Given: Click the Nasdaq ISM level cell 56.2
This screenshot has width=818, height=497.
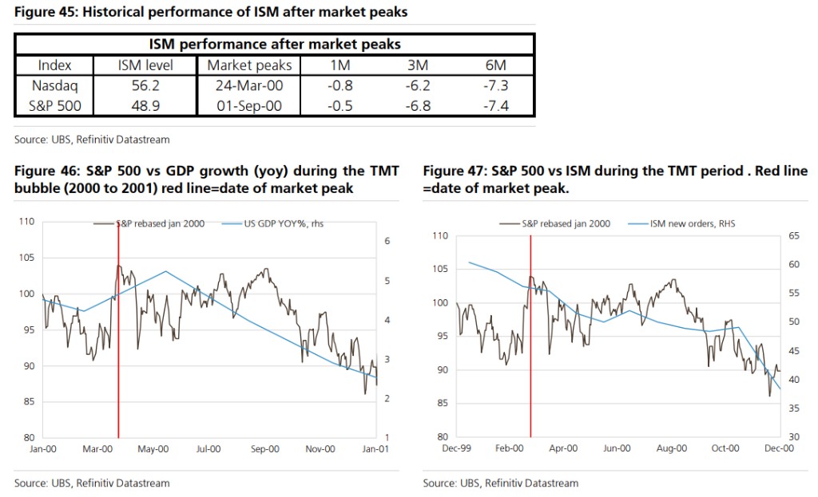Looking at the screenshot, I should (x=145, y=85).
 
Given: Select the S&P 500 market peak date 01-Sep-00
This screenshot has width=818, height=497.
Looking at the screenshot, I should (x=250, y=105).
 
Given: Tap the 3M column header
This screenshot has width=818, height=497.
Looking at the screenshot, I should (x=419, y=65).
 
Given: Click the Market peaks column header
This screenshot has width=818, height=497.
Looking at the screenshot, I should (x=250, y=65).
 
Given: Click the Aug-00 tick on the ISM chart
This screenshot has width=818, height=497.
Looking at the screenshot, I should (x=672, y=448).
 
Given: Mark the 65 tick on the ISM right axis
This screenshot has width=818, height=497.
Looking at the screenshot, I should (x=795, y=236).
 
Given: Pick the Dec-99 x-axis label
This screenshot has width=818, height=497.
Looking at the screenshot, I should (x=456, y=448).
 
